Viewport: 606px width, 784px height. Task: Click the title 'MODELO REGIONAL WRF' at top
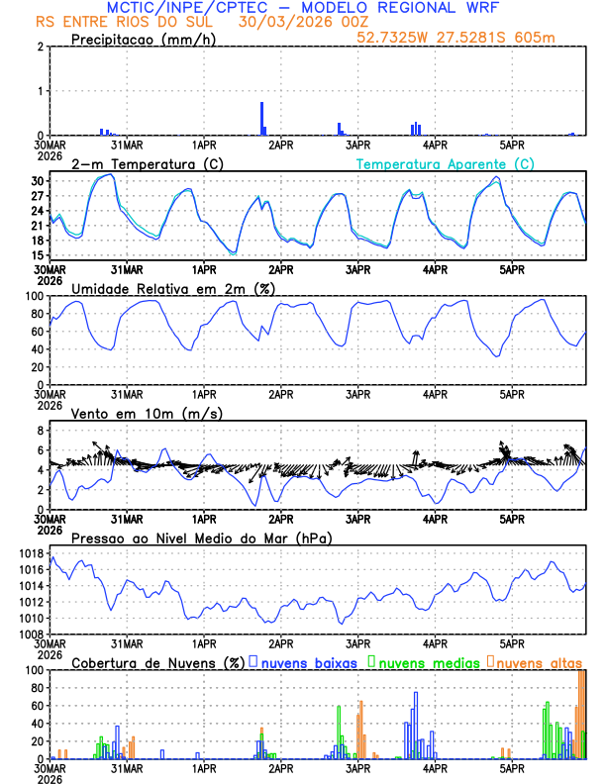(x=411, y=7)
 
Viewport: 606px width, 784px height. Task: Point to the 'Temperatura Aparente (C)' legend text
(x=445, y=163)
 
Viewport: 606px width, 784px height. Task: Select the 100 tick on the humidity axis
(x=36, y=296)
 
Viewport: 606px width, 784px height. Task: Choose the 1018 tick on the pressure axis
(x=33, y=553)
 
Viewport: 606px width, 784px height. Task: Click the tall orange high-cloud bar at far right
(x=581, y=713)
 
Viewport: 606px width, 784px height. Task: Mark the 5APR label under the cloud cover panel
(x=511, y=767)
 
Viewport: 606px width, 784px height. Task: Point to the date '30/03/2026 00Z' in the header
(x=293, y=22)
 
